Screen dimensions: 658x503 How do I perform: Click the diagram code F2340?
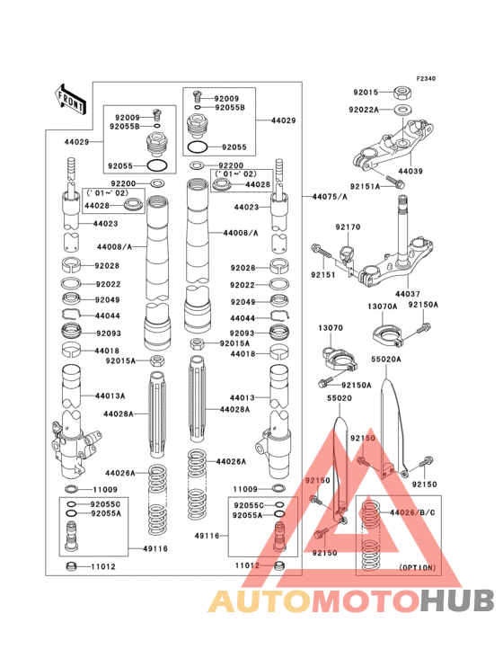point(425,79)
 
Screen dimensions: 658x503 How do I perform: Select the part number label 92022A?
point(365,110)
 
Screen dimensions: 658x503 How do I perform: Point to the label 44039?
point(410,171)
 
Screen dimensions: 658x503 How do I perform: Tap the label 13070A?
point(382,306)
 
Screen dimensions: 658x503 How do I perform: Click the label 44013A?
point(110,396)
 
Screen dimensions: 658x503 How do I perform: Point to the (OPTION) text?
point(416,568)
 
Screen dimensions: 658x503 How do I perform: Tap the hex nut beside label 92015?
point(403,92)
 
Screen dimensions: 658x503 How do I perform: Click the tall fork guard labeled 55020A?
point(391,422)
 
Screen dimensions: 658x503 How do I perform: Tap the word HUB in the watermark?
point(449,600)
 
